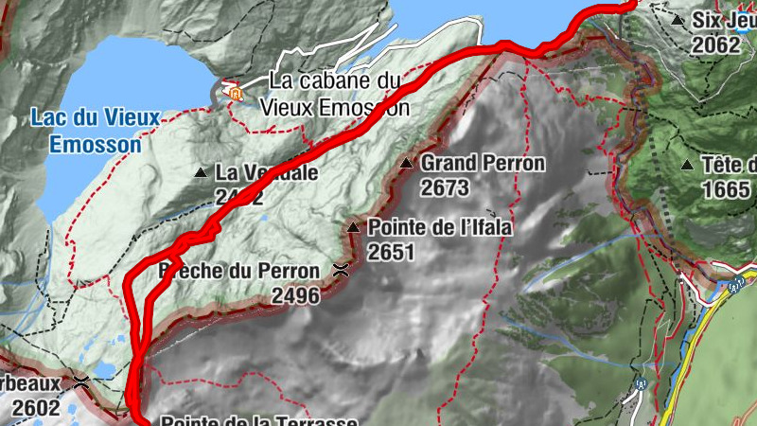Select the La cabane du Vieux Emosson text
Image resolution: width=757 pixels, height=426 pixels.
pos(341,95)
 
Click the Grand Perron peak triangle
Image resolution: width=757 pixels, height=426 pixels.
pos(406,164)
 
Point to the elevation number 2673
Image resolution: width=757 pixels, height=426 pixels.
pos(445,188)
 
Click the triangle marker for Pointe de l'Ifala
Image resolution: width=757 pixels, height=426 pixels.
pos(353,227)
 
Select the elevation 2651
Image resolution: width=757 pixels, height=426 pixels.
pos(392,252)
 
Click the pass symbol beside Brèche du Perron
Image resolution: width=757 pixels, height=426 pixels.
pos(339,272)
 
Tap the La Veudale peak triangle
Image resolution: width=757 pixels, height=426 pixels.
pos(200,173)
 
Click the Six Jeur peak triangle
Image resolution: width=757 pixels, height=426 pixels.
pos(678,20)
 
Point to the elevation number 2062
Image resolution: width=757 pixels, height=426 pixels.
pos(716,44)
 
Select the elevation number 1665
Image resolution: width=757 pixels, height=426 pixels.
pos(727,189)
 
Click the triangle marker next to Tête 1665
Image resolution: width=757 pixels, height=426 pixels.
pos(687,165)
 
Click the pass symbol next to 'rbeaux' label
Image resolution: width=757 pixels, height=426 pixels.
pos(82,383)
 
